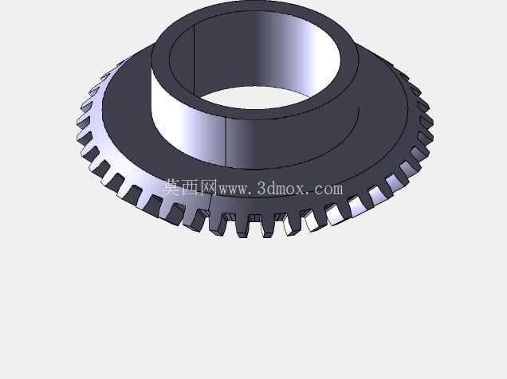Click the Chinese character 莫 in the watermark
(172, 188)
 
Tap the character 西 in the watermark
(191, 188)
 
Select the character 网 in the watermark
(209, 188)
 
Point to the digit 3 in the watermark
(262, 189)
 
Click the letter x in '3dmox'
(300, 190)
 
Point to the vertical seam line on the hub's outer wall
(225, 141)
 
